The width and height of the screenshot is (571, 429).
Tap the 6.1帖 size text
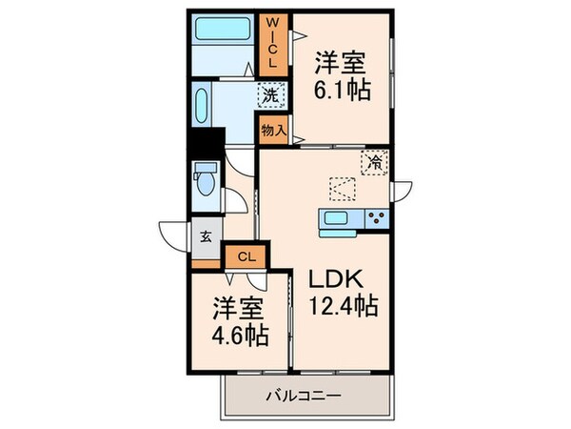pos(342,90)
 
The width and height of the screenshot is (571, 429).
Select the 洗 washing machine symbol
pos(270,95)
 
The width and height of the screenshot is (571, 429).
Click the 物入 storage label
pos(271,130)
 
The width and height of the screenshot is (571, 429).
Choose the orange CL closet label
pos(246,255)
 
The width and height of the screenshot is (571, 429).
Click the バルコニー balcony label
pos(302,395)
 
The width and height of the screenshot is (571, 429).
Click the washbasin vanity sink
pos(202,104)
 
